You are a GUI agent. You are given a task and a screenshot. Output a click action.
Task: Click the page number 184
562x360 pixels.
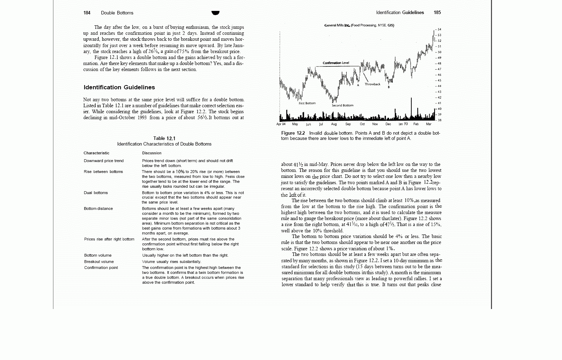[87, 13]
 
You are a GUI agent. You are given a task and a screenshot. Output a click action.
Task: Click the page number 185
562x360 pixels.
[437, 13]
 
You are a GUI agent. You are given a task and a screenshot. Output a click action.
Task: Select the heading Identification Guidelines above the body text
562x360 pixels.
[119, 88]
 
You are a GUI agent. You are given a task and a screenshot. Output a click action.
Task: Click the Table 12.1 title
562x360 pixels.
[164, 139]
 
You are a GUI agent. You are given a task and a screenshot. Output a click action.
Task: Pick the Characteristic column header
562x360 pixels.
[96, 153]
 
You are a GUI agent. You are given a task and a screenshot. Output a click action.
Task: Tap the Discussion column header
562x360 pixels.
[152, 153]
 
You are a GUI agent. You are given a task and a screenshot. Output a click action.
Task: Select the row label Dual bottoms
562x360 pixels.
[96, 193]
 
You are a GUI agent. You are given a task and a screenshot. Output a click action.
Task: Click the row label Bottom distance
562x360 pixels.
[98, 209]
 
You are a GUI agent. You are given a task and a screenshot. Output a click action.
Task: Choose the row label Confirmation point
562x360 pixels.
[101, 268]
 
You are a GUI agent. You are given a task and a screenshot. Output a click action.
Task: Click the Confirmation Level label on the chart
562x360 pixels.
[336, 63]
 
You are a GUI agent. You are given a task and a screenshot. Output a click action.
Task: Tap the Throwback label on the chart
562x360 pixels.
[372, 84]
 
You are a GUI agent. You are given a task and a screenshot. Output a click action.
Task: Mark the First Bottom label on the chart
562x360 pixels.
[307, 103]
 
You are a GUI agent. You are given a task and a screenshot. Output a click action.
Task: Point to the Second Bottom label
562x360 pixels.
[342, 105]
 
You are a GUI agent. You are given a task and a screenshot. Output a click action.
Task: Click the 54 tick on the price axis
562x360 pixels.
[439, 30]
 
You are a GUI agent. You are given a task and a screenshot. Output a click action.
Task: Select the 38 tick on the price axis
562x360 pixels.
[439, 120]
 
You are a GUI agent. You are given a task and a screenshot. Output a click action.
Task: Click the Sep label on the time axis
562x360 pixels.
[348, 124]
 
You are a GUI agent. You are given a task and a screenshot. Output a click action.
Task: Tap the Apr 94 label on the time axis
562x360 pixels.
[281, 124]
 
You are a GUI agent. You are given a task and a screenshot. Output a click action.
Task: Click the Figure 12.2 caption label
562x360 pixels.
[293, 133]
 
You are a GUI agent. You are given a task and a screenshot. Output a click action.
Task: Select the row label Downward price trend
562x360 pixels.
[104, 161]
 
